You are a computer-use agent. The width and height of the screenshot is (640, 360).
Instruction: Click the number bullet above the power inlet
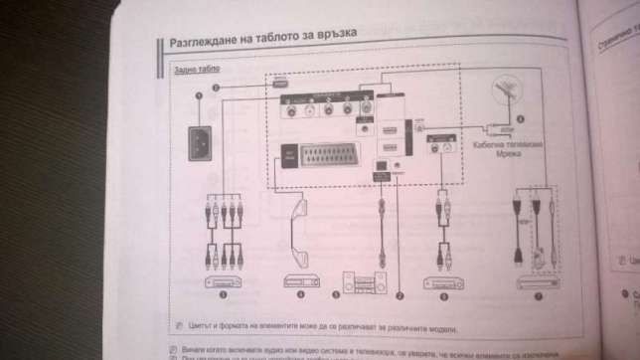tap(200, 94)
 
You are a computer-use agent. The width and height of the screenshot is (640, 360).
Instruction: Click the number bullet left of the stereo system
tap(336, 295)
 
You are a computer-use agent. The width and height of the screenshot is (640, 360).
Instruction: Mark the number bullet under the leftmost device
tap(225, 296)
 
